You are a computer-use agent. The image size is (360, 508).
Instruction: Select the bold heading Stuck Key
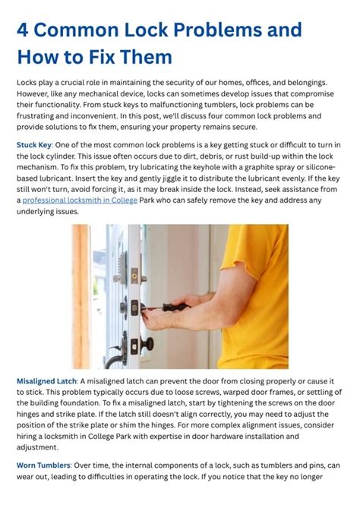tap(34, 144)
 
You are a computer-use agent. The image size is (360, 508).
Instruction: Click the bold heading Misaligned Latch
tap(46, 380)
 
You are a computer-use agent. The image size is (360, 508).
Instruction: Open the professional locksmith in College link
tap(80, 200)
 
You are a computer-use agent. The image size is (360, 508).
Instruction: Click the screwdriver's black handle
tap(172, 308)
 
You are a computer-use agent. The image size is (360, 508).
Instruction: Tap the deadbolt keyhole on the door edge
tap(134, 306)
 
